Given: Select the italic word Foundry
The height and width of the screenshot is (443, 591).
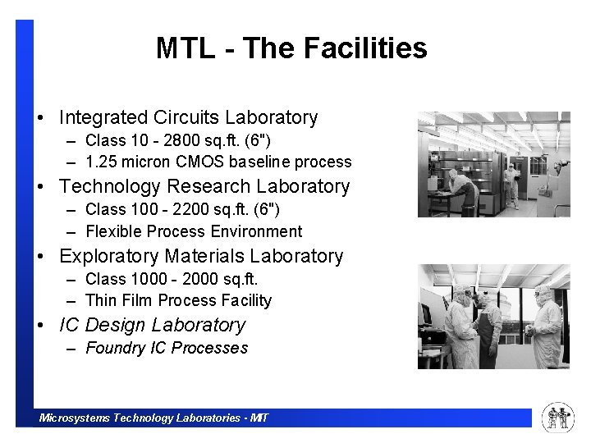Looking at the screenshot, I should [115, 349].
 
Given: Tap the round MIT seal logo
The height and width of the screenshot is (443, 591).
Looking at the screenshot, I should [558, 418].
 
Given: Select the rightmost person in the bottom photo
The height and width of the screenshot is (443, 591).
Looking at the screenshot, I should [547, 328].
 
